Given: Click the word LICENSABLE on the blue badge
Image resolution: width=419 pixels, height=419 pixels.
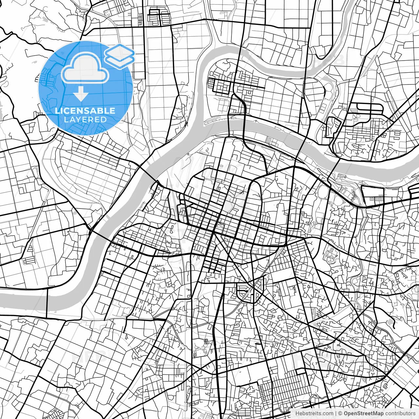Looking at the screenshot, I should (x=85, y=111).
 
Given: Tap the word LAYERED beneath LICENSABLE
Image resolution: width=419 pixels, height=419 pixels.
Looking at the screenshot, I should (x=85, y=119).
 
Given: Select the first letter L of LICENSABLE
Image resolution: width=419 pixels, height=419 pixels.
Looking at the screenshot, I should (x=57, y=111).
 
